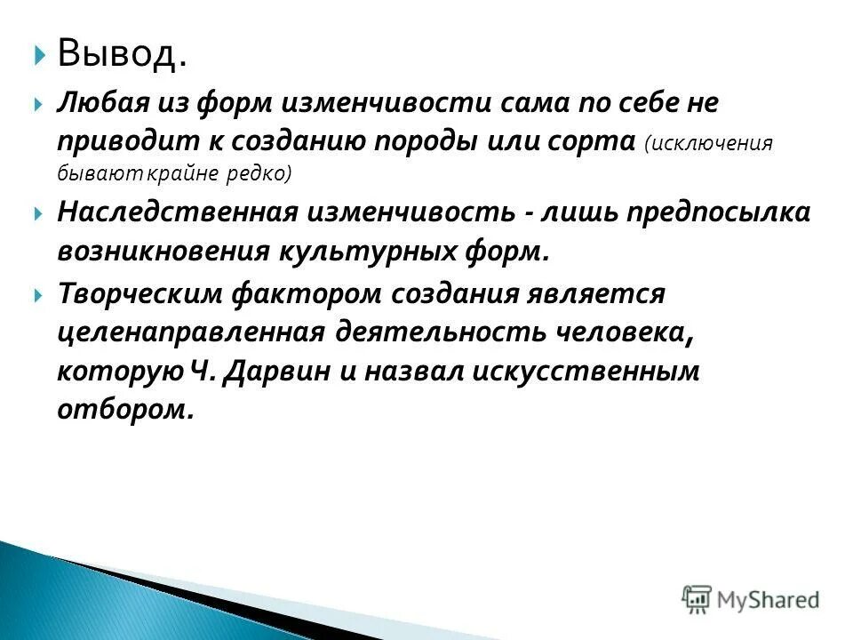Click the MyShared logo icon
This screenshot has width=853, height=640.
(x=697, y=598)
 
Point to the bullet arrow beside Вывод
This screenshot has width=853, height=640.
(x=38, y=56)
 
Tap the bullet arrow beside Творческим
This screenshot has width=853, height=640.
(x=38, y=293)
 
